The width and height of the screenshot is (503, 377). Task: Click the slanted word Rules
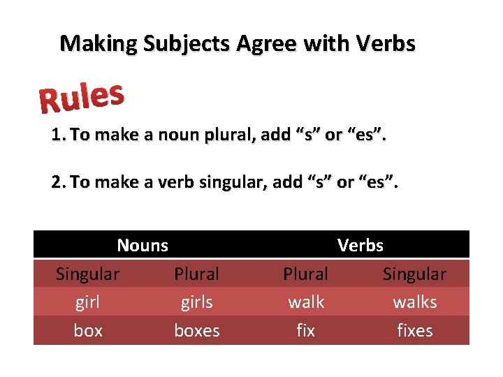point(82,98)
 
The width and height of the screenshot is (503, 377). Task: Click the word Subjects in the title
point(187,44)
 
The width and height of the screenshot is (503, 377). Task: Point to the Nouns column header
point(143,245)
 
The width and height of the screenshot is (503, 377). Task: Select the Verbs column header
point(360,245)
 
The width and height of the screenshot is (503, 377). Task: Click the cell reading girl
point(88,302)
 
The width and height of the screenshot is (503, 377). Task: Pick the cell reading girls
point(196,302)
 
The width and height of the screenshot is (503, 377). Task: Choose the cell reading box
point(88,330)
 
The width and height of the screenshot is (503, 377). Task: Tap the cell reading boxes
point(196,330)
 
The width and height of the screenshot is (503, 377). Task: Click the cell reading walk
point(306,302)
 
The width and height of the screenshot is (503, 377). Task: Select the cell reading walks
point(415,302)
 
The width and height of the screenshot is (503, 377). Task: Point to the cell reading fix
point(306,330)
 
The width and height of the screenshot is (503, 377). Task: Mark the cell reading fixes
point(415,330)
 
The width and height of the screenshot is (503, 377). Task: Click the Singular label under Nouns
point(88,274)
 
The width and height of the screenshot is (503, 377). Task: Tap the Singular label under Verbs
point(415,274)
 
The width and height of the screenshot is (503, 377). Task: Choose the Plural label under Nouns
point(196,274)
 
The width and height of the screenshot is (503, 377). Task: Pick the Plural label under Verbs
point(306,274)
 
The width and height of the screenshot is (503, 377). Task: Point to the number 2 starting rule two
point(57,182)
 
